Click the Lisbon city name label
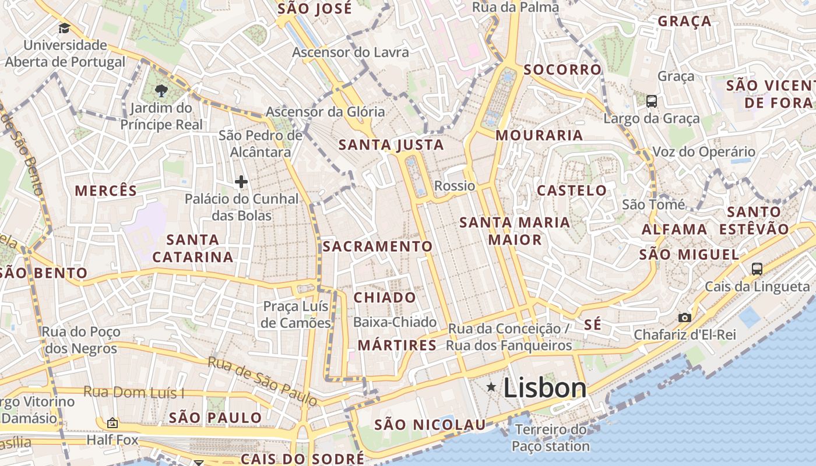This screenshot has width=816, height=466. pos(544,388)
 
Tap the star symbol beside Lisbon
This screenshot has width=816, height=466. pos(491,387)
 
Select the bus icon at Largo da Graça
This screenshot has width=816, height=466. pos(652,101)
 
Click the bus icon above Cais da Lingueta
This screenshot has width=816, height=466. pos(757,269)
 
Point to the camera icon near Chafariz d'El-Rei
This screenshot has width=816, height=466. pos(685,317)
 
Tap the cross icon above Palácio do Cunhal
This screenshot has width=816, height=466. pos(241,182)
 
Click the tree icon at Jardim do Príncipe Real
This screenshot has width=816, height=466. pos(161,90)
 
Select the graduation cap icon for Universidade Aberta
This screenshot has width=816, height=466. pos(64,28)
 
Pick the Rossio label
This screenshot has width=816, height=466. pos(455,186)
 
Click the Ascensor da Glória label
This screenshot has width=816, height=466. pos(325,111)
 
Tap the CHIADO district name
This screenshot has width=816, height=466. pos(385,298)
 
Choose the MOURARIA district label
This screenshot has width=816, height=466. pos(539,135)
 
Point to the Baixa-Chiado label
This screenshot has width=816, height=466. pos(395,322)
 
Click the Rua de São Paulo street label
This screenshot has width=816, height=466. pos(262,382)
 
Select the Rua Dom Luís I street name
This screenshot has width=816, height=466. pos(133,392)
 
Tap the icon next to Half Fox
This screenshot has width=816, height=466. pos(112,423)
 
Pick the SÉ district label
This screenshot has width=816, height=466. pos(592,324)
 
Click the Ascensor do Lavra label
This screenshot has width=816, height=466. pos(350,52)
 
